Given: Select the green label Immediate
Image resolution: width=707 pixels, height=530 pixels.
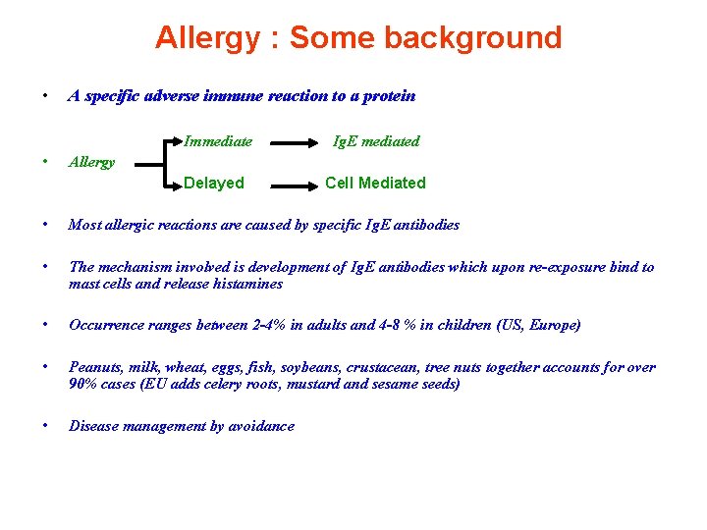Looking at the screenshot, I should (x=218, y=141).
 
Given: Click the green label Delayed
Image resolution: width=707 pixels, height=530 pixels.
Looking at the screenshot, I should (x=214, y=183).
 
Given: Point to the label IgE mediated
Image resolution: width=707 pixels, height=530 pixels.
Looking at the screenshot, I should (x=376, y=141).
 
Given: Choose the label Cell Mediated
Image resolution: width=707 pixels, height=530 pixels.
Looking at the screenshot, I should (x=375, y=183).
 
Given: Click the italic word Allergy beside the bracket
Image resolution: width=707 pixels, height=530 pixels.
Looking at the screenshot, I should (x=92, y=162).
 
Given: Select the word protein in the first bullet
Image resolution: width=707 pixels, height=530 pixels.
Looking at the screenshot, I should (x=389, y=96).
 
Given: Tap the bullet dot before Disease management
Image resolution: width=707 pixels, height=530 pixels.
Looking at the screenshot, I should (x=45, y=425).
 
